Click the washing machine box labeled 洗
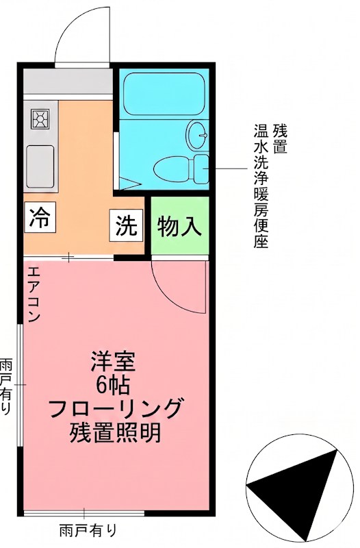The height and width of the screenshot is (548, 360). pos(126,227)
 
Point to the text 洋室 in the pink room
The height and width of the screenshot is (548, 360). pos(114,360)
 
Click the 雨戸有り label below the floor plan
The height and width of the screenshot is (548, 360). pos(88,530)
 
